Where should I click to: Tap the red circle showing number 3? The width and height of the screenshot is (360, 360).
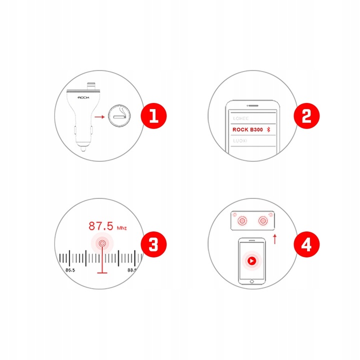point(153,244)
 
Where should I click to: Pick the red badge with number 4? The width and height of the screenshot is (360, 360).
point(306,244)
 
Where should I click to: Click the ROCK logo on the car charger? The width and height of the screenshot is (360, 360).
point(83,97)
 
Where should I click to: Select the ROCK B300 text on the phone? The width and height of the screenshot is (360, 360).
point(247,129)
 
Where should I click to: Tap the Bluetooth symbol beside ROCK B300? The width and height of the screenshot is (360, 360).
point(268,129)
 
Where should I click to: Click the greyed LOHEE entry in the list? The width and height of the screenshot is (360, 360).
point(240,119)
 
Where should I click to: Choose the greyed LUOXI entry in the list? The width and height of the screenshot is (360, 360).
point(240,140)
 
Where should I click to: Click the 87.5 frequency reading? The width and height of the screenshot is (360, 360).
point(100,226)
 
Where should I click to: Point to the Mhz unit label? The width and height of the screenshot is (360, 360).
point(122,228)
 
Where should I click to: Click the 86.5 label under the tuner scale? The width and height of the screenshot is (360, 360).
point(70,269)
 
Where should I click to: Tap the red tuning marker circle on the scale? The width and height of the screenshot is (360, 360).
point(102,244)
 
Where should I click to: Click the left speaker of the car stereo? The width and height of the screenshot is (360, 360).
point(243,220)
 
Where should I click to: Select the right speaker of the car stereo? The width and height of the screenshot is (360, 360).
point(261,220)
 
